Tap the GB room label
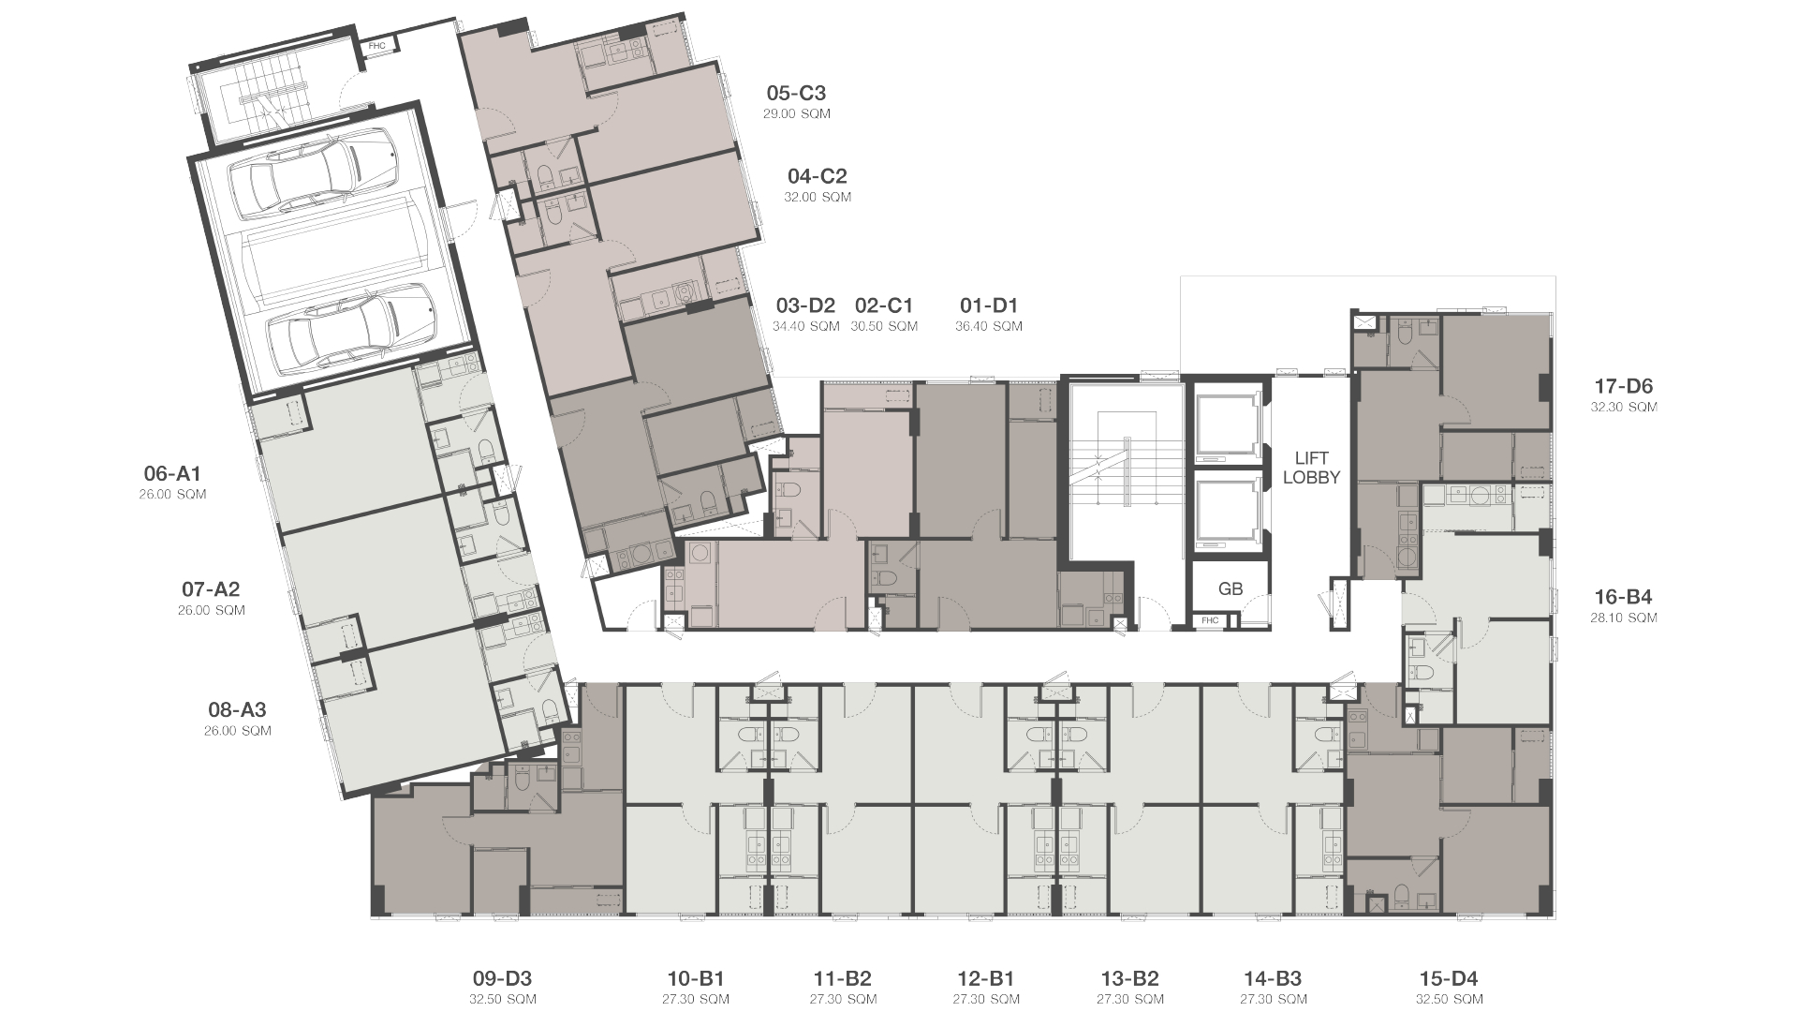coord(1231,589)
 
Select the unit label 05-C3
coord(796,93)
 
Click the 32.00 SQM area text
coord(818,197)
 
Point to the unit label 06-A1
coord(172,473)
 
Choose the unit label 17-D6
coord(1624,386)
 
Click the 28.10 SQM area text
coord(1624,618)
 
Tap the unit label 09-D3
coord(503,979)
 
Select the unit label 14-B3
coord(1274,979)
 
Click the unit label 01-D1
coord(989,305)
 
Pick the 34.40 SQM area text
coord(806,326)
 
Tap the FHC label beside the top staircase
coord(376,45)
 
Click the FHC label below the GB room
coord(1210,619)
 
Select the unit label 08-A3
coord(238,709)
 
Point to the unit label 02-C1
coord(884,305)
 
